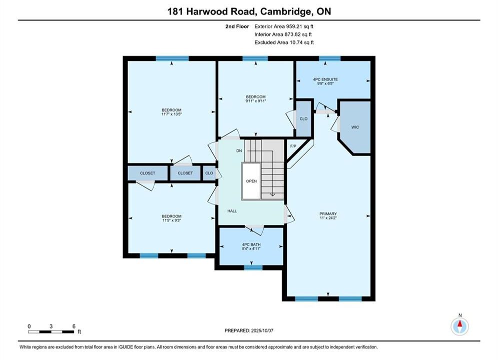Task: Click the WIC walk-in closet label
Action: pos(355,127)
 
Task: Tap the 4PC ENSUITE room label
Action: pos(325,79)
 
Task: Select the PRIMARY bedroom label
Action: pos(328,214)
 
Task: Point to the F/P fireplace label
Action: pos(293,146)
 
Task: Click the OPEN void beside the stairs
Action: pos(251,181)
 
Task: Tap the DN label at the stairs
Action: pos(239,150)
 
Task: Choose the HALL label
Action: pos(232,211)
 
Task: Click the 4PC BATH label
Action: pos(251,244)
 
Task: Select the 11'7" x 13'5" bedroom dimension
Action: pos(172,114)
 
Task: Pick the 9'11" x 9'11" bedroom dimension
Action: pos(256,101)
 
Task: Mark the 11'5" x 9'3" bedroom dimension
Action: pos(172,220)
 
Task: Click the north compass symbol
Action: pos(460,325)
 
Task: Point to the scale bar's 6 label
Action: pos(74,326)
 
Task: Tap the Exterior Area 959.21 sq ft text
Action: pos(284,26)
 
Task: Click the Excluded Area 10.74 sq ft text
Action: pos(284,42)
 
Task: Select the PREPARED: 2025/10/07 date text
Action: pos(249,330)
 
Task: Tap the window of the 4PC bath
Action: pos(253,267)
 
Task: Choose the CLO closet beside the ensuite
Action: pos(304,118)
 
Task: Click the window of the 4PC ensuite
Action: pos(330,58)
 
